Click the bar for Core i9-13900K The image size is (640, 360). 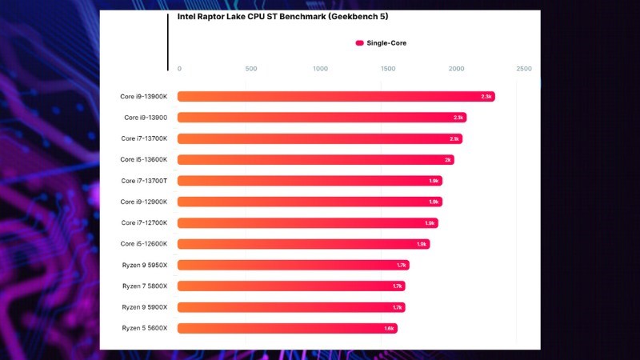click(x=336, y=97)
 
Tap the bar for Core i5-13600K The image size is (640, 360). click(x=315, y=160)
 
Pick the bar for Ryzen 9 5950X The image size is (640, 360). click(x=293, y=265)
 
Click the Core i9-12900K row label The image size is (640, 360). click(x=144, y=202)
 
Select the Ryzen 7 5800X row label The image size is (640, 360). click(x=144, y=286)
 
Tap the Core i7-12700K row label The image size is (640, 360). click(x=144, y=222)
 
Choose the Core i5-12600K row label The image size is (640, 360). click(x=144, y=243)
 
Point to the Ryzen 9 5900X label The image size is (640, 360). click(x=144, y=307)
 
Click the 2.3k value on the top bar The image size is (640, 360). click(x=486, y=97)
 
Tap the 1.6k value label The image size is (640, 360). click(x=389, y=328)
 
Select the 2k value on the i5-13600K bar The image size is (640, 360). click(x=448, y=160)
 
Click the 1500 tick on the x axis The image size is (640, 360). click(x=388, y=69)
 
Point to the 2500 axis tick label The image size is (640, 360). click(x=524, y=69)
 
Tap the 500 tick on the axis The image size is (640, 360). click(x=250, y=69)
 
